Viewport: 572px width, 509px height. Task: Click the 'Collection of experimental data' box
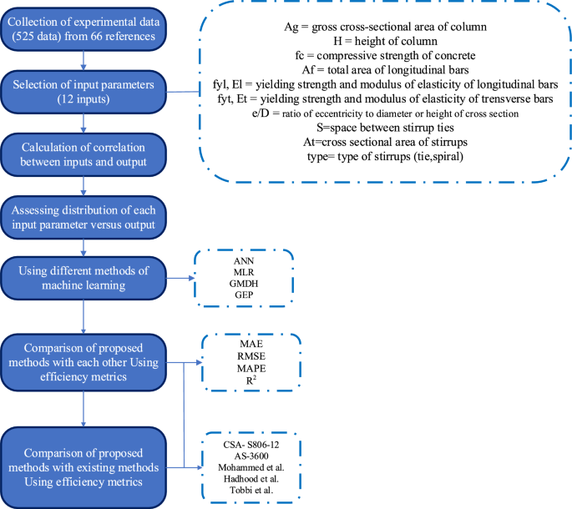coord(85,28)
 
